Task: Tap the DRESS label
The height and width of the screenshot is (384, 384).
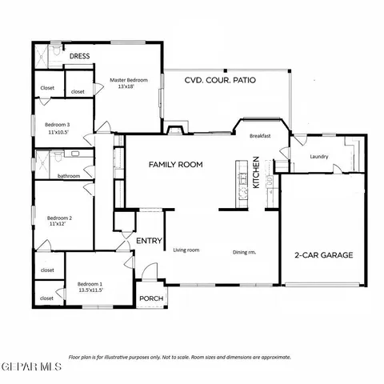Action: coord(80,57)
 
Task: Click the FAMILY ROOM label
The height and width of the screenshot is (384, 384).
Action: coord(175,164)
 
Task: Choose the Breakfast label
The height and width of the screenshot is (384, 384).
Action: coord(260,136)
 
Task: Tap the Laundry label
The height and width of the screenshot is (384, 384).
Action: coord(319,157)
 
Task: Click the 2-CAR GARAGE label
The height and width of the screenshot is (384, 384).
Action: coord(323,255)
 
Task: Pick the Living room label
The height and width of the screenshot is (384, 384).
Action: coord(186,250)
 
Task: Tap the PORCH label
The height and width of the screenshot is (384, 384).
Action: coord(150,298)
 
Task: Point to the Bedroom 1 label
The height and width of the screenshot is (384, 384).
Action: coord(90,284)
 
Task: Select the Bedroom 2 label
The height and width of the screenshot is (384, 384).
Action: coord(60,218)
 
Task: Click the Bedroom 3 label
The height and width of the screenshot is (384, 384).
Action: coord(58,125)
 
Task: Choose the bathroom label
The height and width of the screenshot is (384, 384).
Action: coord(69,175)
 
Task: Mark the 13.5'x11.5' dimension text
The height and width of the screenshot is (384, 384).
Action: coord(90,291)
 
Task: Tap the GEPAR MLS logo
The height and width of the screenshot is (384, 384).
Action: coord(31,366)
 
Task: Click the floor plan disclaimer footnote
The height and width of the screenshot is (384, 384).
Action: coord(180,357)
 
